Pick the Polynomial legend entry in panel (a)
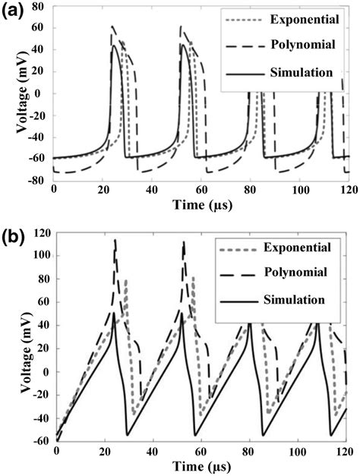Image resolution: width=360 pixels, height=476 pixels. (x=302, y=46)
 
